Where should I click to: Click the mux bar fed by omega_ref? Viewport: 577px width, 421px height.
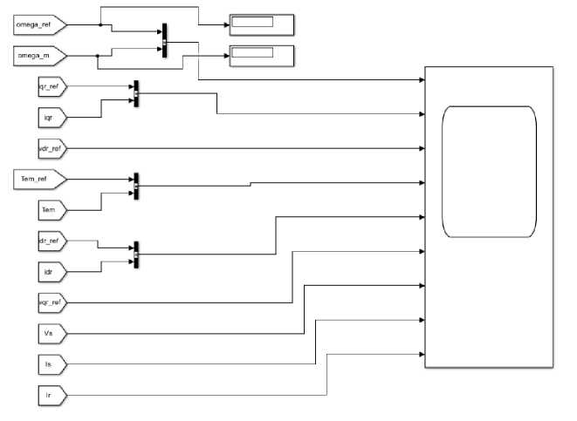tap(164, 41)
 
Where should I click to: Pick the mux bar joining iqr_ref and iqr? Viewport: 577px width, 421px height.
tap(136, 94)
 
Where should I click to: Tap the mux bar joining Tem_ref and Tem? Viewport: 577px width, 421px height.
tap(136, 186)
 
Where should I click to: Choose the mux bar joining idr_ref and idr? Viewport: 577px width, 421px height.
tap(136, 255)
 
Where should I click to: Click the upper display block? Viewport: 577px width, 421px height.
tap(261, 24)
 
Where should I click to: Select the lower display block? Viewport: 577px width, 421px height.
tap(261, 55)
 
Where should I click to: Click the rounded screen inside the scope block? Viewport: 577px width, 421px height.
tap(489, 171)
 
